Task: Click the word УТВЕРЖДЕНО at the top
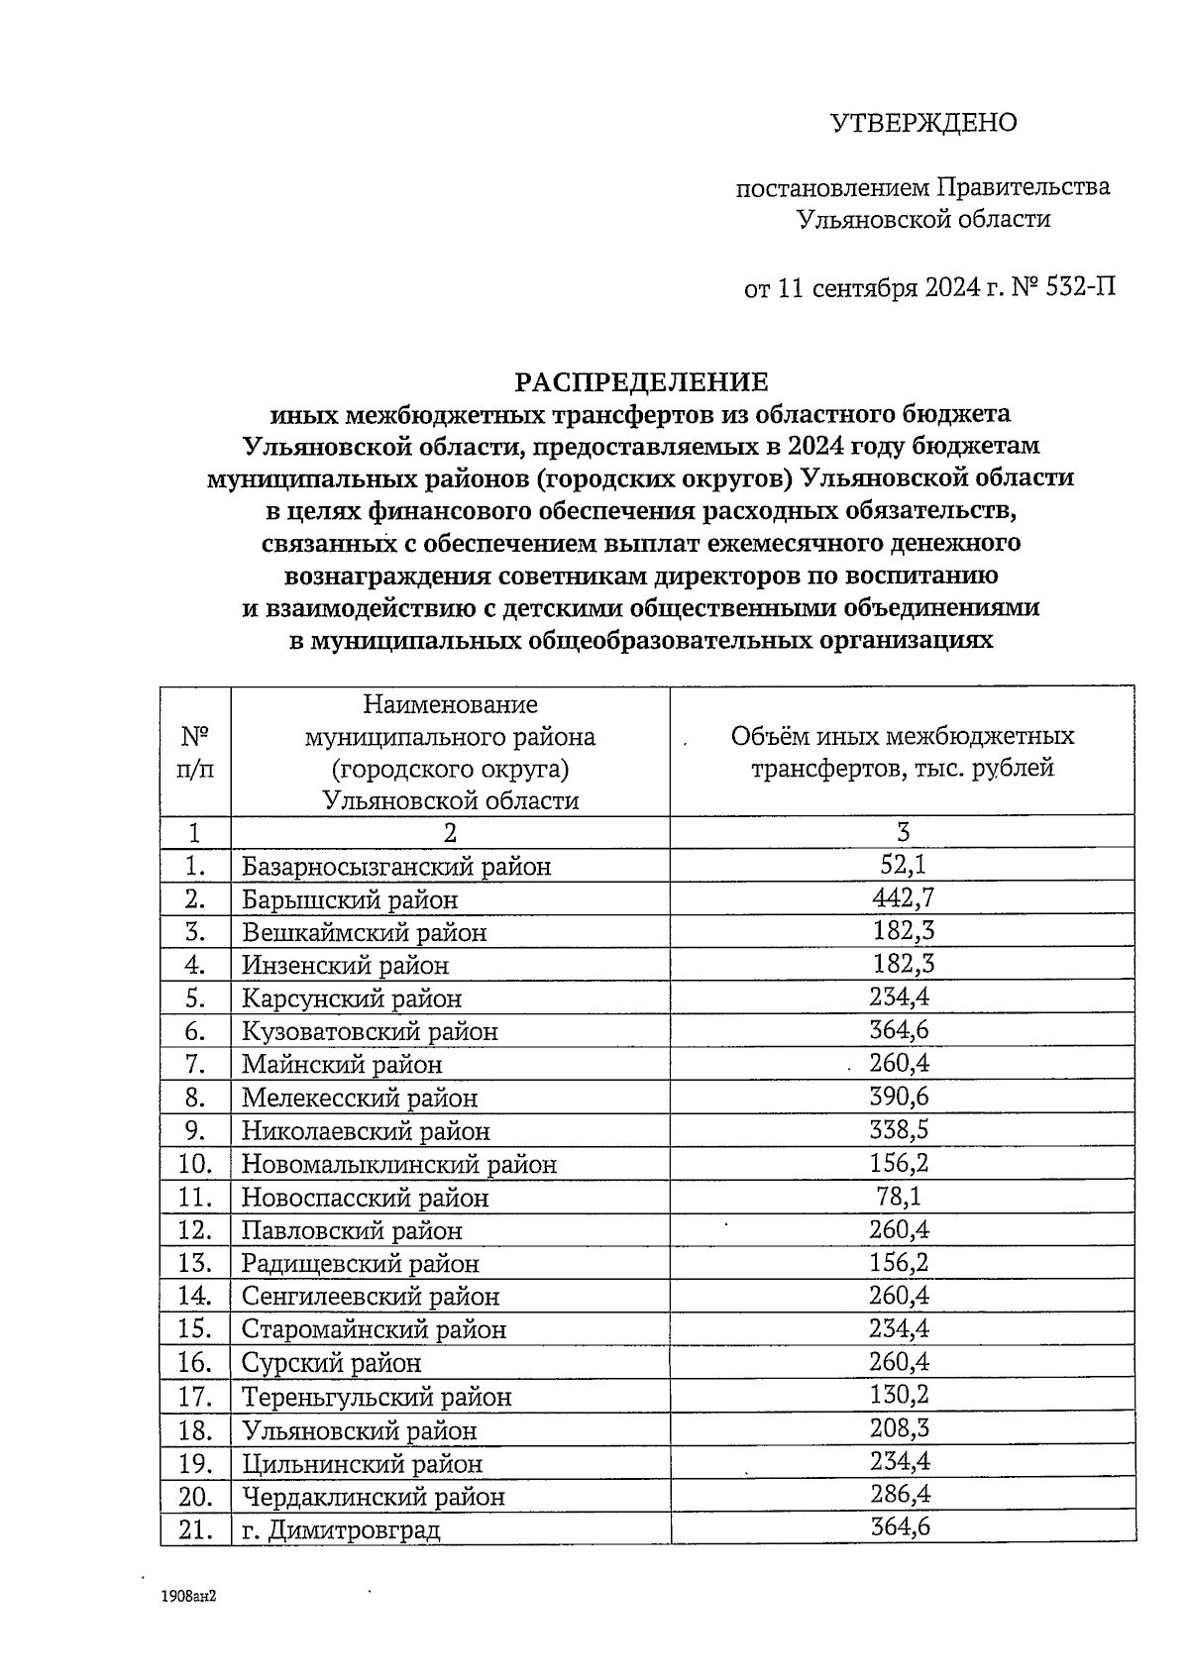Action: tap(922, 123)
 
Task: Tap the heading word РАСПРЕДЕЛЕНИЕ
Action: tap(640, 381)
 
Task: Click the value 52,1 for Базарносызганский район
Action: tap(903, 865)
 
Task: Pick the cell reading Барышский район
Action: tap(350, 899)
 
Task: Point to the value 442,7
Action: tap(903, 897)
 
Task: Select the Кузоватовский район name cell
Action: tap(370, 1031)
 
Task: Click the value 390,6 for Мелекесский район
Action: tap(901, 1097)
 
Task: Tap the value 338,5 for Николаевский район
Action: tap(901, 1129)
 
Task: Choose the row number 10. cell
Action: tap(195, 1163)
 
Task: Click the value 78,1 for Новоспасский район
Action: tap(901, 1196)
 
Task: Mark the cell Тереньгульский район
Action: tap(377, 1397)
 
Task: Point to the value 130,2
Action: tap(901, 1395)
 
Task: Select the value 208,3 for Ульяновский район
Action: tap(901, 1427)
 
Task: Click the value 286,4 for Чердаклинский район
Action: tap(901, 1494)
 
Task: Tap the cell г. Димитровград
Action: tap(341, 1529)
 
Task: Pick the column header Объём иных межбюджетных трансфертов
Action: tap(902, 751)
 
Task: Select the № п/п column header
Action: tap(195, 751)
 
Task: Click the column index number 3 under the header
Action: tap(903, 832)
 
